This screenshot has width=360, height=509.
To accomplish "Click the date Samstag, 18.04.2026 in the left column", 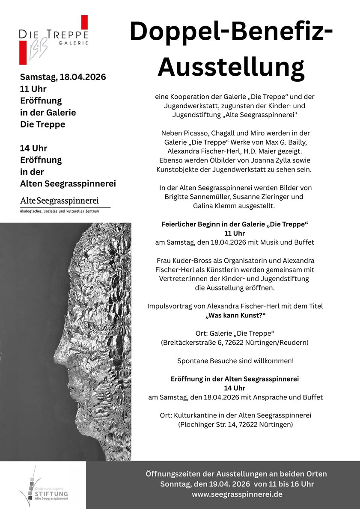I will click(63, 77).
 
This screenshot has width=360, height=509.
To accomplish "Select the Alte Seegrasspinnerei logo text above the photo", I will click(60, 200).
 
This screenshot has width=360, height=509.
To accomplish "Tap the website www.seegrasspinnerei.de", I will click(237, 494).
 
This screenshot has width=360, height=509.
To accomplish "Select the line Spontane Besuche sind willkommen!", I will click(235, 361).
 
